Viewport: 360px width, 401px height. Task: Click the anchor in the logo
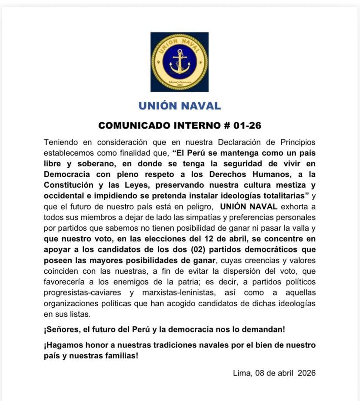[x=180, y=62]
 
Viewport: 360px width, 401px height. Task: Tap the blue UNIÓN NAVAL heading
[x=180, y=106]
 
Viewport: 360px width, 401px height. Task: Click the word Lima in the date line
[x=242, y=373]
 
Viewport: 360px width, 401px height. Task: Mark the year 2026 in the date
[x=307, y=373]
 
